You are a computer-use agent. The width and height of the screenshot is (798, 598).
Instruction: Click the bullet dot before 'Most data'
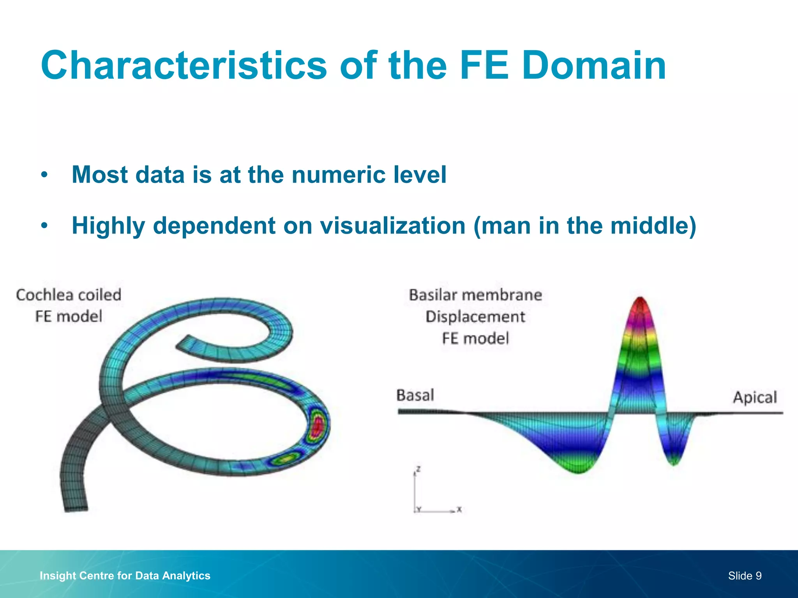tap(45, 175)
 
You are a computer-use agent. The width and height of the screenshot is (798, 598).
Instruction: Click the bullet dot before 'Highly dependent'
tap(45, 226)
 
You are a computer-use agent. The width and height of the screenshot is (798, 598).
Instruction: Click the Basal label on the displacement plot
tap(415, 395)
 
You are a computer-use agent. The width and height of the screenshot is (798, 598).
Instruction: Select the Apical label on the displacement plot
tap(755, 397)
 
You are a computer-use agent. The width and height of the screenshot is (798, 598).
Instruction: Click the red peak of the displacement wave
tap(640, 306)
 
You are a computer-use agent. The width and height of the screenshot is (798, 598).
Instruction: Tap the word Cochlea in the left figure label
tap(43, 295)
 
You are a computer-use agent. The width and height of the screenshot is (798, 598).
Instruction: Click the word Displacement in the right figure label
tap(475, 317)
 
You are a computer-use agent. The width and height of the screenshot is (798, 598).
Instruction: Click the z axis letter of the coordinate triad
tap(418, 469)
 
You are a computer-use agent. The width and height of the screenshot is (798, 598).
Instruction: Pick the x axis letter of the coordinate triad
tap(459, 509)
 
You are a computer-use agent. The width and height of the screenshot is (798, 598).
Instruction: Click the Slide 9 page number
tap(745, 576)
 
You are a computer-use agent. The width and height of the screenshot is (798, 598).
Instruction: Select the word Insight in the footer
tap(58, 576)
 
